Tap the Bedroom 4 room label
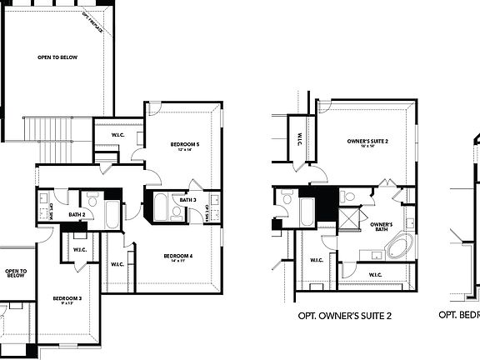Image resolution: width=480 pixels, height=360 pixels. [x=178, y=255]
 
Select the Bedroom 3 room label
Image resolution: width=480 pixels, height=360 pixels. [x=67, y=298]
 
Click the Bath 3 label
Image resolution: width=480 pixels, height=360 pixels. [x=187, y=200]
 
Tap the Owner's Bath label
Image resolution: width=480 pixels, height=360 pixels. [x=381, y=226]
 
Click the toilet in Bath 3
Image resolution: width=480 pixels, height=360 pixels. [x=177, y=212]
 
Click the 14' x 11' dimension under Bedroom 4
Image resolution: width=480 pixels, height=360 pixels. [x=178, y=261]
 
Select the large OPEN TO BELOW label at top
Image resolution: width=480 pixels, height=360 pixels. [x=52, y=58]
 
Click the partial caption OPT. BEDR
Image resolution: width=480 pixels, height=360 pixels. [x=460, y=316]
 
